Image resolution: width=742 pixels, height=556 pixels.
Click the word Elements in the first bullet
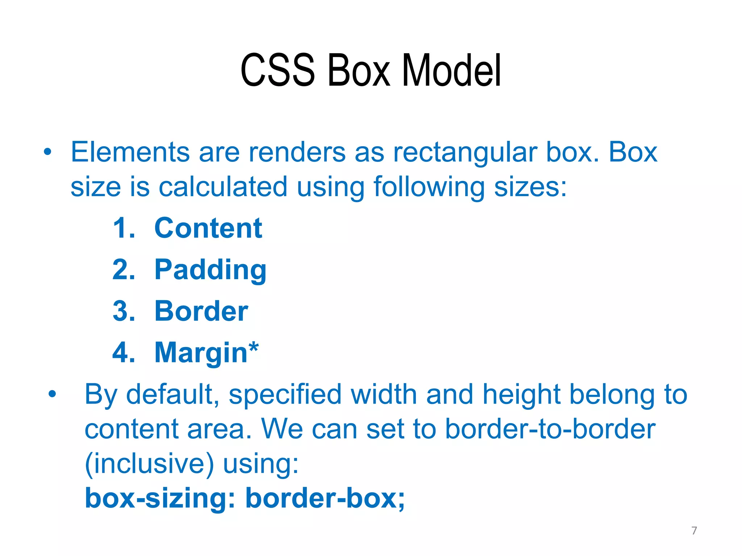click(130, 152)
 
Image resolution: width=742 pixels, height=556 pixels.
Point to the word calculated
click(223, 187)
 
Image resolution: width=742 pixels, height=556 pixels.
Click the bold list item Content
click(208, 228)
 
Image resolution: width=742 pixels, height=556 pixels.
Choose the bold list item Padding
click(210, 270)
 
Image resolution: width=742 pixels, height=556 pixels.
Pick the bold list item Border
click(201, 311)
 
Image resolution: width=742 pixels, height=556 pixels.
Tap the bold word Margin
click(201, 353)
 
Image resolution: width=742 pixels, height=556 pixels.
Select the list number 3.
click(124, 311)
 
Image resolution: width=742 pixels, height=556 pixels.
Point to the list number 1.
click(124, 228)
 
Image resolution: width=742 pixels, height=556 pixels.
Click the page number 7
click(694, 531)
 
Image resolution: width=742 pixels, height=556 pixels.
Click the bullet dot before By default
click(53, 394)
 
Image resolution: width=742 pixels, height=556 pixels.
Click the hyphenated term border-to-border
click(550, 429)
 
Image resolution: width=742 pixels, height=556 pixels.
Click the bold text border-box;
click(325, 498)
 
